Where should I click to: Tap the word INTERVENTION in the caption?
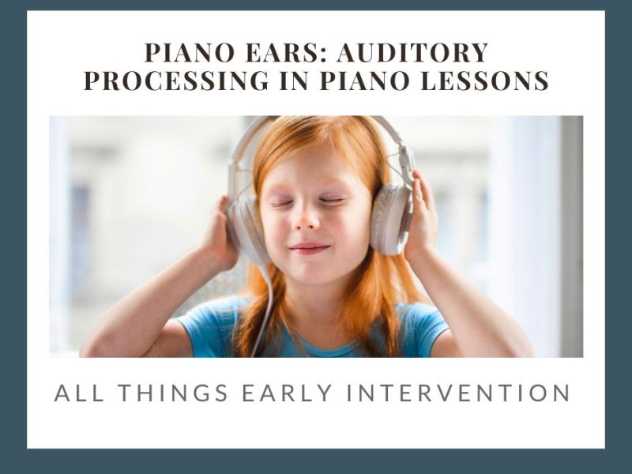coord(472,393)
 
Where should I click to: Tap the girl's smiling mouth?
coord(310,248)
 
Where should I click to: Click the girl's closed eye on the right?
coord(332,201)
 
